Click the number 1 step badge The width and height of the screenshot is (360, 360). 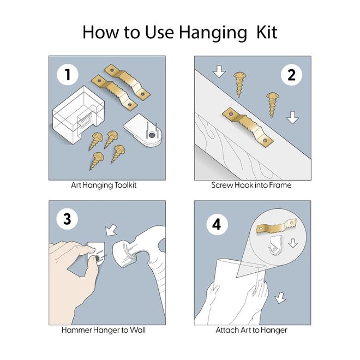tap(68, 75)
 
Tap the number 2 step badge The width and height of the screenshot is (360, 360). tap(292, 75)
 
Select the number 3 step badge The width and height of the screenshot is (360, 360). tap(67, 219)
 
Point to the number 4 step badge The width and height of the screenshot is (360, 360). tap(217, 224)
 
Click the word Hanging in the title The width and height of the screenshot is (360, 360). tap(213, 33)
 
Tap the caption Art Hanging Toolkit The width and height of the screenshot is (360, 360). tap(104, 185)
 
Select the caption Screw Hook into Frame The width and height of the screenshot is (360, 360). tap(251, 185)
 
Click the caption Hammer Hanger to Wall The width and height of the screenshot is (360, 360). tap(104, 330)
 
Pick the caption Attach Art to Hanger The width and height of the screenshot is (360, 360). tap(251, 330)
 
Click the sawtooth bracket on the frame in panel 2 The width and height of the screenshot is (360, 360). tap(248, 127)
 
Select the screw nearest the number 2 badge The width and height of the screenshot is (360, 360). tap(271, 105)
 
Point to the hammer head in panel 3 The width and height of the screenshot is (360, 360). tap(125, 254)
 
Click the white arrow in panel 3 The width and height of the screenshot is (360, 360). tap(111, 230)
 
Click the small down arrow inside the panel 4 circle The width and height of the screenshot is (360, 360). tap(293, 243)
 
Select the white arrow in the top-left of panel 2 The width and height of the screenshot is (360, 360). tap(219, 71)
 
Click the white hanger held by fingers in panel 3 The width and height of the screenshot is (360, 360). tap(97, 253)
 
